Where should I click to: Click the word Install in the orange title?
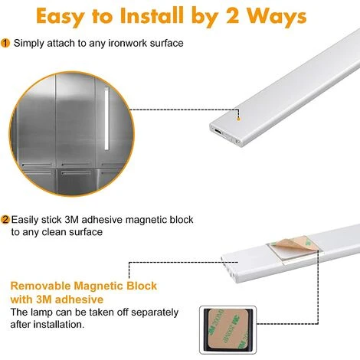point(152,16)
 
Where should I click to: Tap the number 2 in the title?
point(234,16)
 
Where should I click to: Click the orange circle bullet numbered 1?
point(5,43)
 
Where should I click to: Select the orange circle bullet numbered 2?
point(5,220)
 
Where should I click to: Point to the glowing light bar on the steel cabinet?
point(106,119)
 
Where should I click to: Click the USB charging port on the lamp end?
point(218,131)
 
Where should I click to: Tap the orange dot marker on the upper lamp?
point(238,119)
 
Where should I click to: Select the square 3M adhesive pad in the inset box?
point(227,329)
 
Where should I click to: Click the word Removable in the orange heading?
point(41,286)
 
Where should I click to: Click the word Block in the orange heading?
point(142,286)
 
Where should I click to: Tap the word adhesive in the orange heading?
point(79,299)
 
